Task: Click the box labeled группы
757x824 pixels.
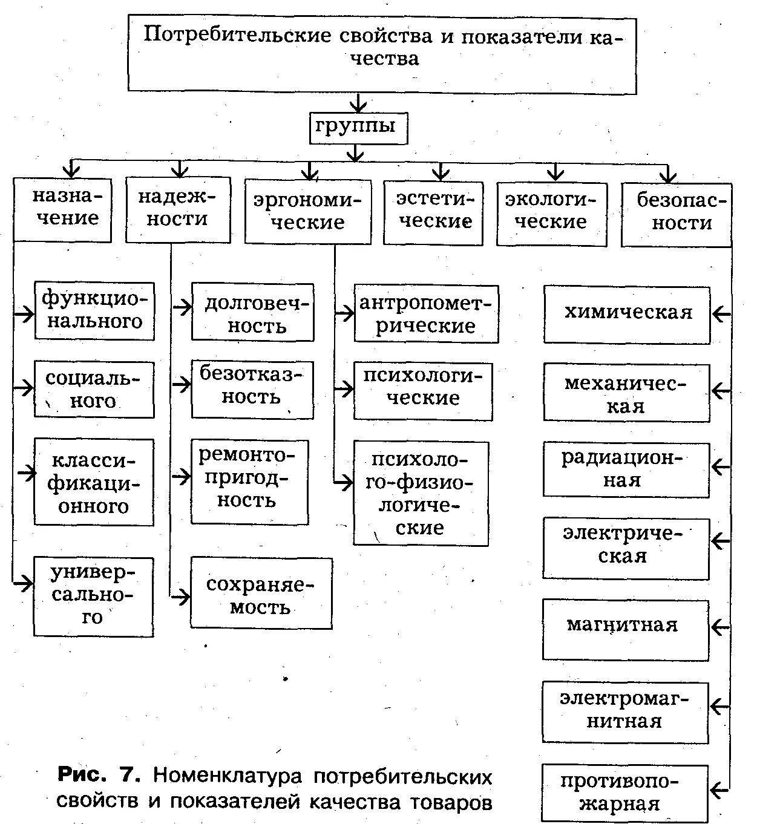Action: (358, 128)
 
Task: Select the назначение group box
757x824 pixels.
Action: (62, 209)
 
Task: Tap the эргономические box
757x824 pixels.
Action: (307, 211)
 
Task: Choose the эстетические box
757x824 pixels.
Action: (433, 212)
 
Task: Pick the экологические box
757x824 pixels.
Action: (551, 214)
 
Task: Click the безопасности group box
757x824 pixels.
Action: (676, 214)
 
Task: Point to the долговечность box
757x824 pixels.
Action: (252, 312)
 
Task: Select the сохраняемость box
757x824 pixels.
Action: (261, 593)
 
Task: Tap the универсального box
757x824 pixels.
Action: (93, 596)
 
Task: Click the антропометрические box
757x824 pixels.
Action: (426, 314)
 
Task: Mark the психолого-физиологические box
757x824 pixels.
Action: (421, 493)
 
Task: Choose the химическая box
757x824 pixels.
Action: (626, 315)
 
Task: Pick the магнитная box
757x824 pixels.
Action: (625, 629)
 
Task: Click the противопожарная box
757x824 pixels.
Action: (624, 793)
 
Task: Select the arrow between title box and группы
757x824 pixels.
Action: (359, 103)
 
